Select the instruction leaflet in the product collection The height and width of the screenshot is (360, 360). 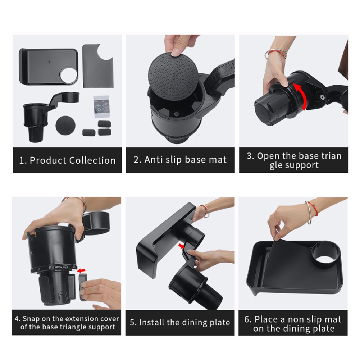click(x=101, y=107)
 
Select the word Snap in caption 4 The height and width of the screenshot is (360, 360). click(x=31, y=319)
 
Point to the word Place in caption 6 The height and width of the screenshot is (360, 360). click(x=266, y=319)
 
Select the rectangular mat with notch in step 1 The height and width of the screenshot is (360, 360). click(x=98, y=66)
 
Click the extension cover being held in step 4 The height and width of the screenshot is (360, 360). click(x=82, y=287)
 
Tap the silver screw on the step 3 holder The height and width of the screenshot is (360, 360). click(x=323, y=97)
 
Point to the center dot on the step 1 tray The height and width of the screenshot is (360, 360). click(x=49, y=61)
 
